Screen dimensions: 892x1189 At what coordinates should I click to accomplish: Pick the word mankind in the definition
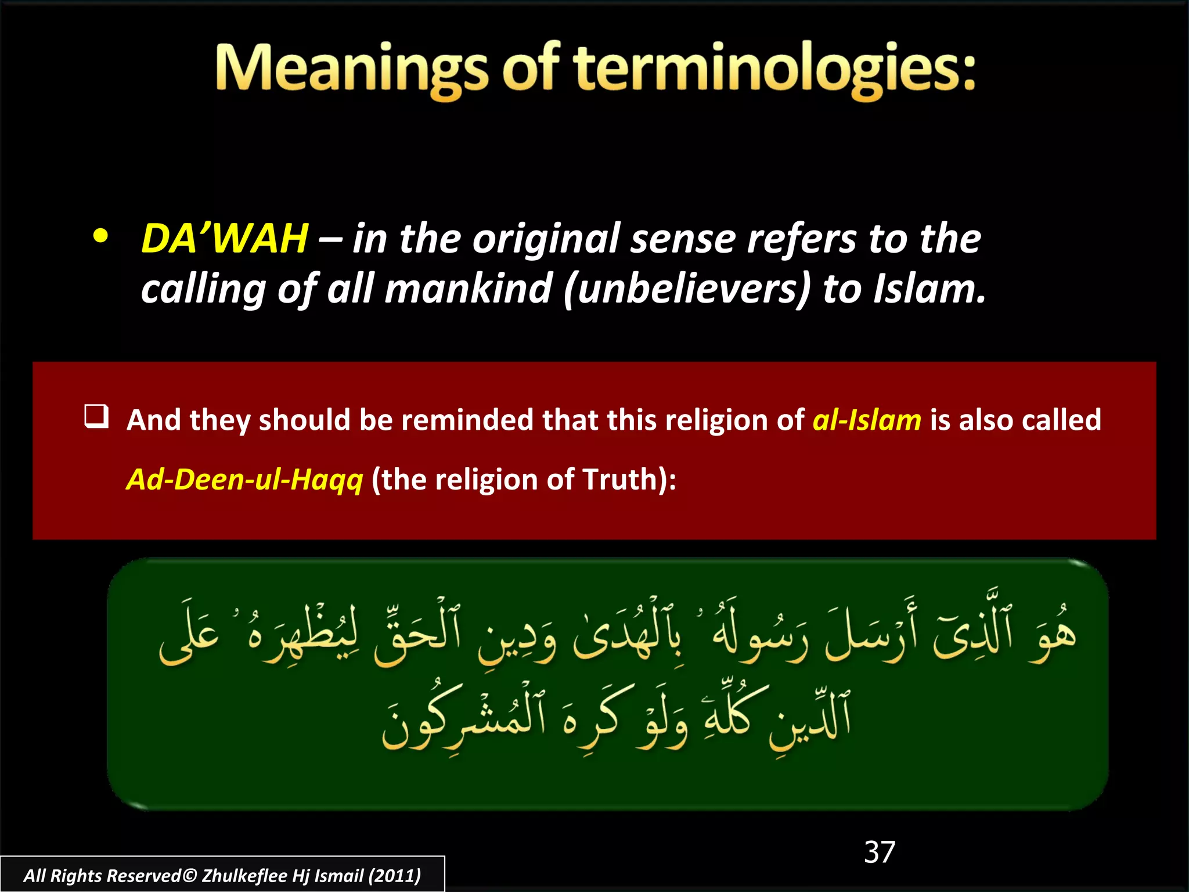[x=468, y=289]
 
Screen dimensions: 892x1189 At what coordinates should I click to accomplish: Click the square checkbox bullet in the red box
[x=96, y=416]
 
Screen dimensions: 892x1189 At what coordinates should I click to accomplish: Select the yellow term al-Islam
[x=866, y=420]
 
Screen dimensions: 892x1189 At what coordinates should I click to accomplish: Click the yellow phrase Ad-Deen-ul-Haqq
[x=244, y=480]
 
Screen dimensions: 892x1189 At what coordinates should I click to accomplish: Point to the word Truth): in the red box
[x=629, y=480]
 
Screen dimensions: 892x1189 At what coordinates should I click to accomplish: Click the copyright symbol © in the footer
[x=190, y=875]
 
